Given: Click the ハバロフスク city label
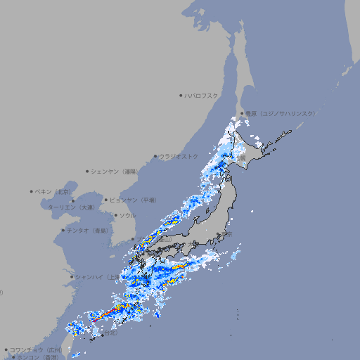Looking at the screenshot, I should [202, 96].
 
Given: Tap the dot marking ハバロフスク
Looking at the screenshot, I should [181, 96].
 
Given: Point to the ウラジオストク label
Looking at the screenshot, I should [179, 156].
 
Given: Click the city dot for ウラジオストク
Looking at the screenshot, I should [156, 157].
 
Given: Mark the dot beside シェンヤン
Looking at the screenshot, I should [88, 171].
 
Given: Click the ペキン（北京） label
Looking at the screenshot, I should [53, 191].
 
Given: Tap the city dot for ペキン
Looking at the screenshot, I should [32, 191].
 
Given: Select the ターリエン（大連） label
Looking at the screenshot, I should [70, 207].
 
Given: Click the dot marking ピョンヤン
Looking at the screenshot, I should [106, 200].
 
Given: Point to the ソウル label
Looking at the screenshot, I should [127, 215].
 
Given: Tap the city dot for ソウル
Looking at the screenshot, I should [116, 215].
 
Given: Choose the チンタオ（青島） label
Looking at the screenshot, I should [88, 230].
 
